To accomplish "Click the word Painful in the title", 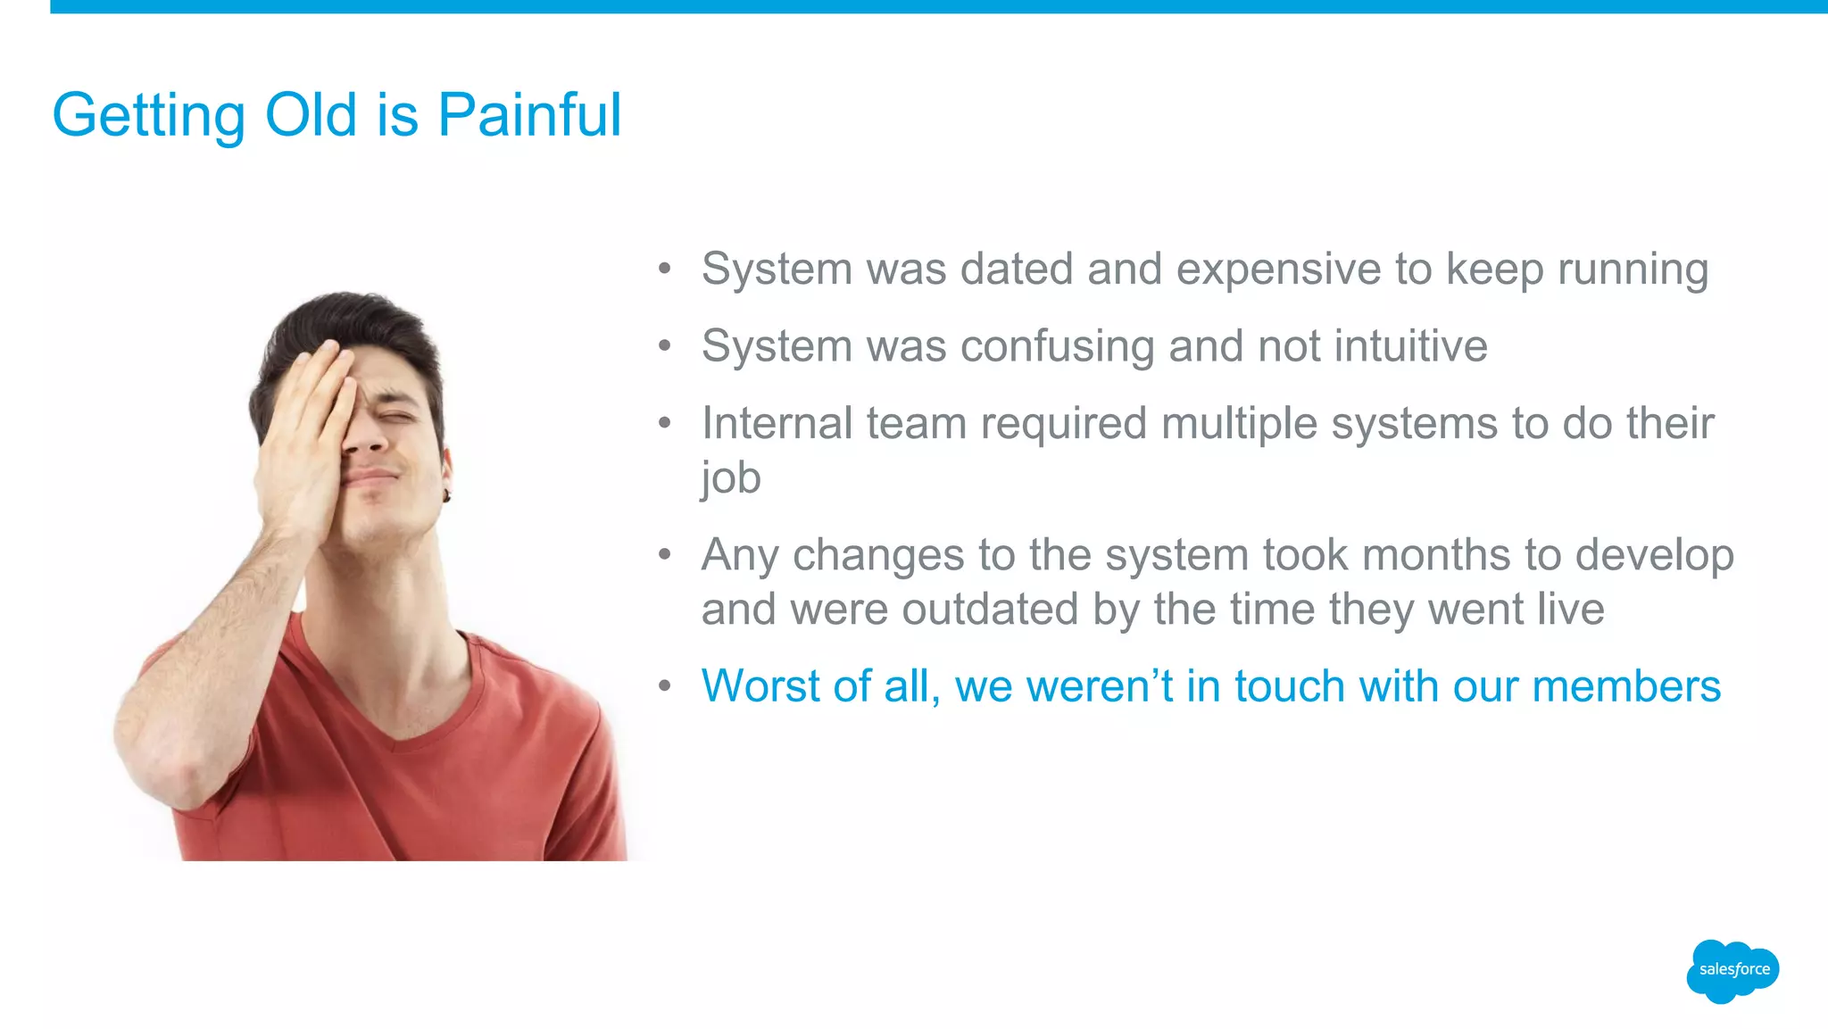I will pyautogui.click(x=528, y=115).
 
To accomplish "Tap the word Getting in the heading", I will pyautogui.click(x=148, y=117).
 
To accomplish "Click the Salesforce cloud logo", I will pyautogui.click(x=1732, y=970).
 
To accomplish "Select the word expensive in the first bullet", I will pyautogui.click(x=1278, y=270).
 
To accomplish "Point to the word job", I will pyautogui.click(x=730, y=478).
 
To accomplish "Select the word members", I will pyautogui.click(x=1625, y=686).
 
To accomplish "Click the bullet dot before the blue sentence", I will pyautogui.click(x=664, y=687).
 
